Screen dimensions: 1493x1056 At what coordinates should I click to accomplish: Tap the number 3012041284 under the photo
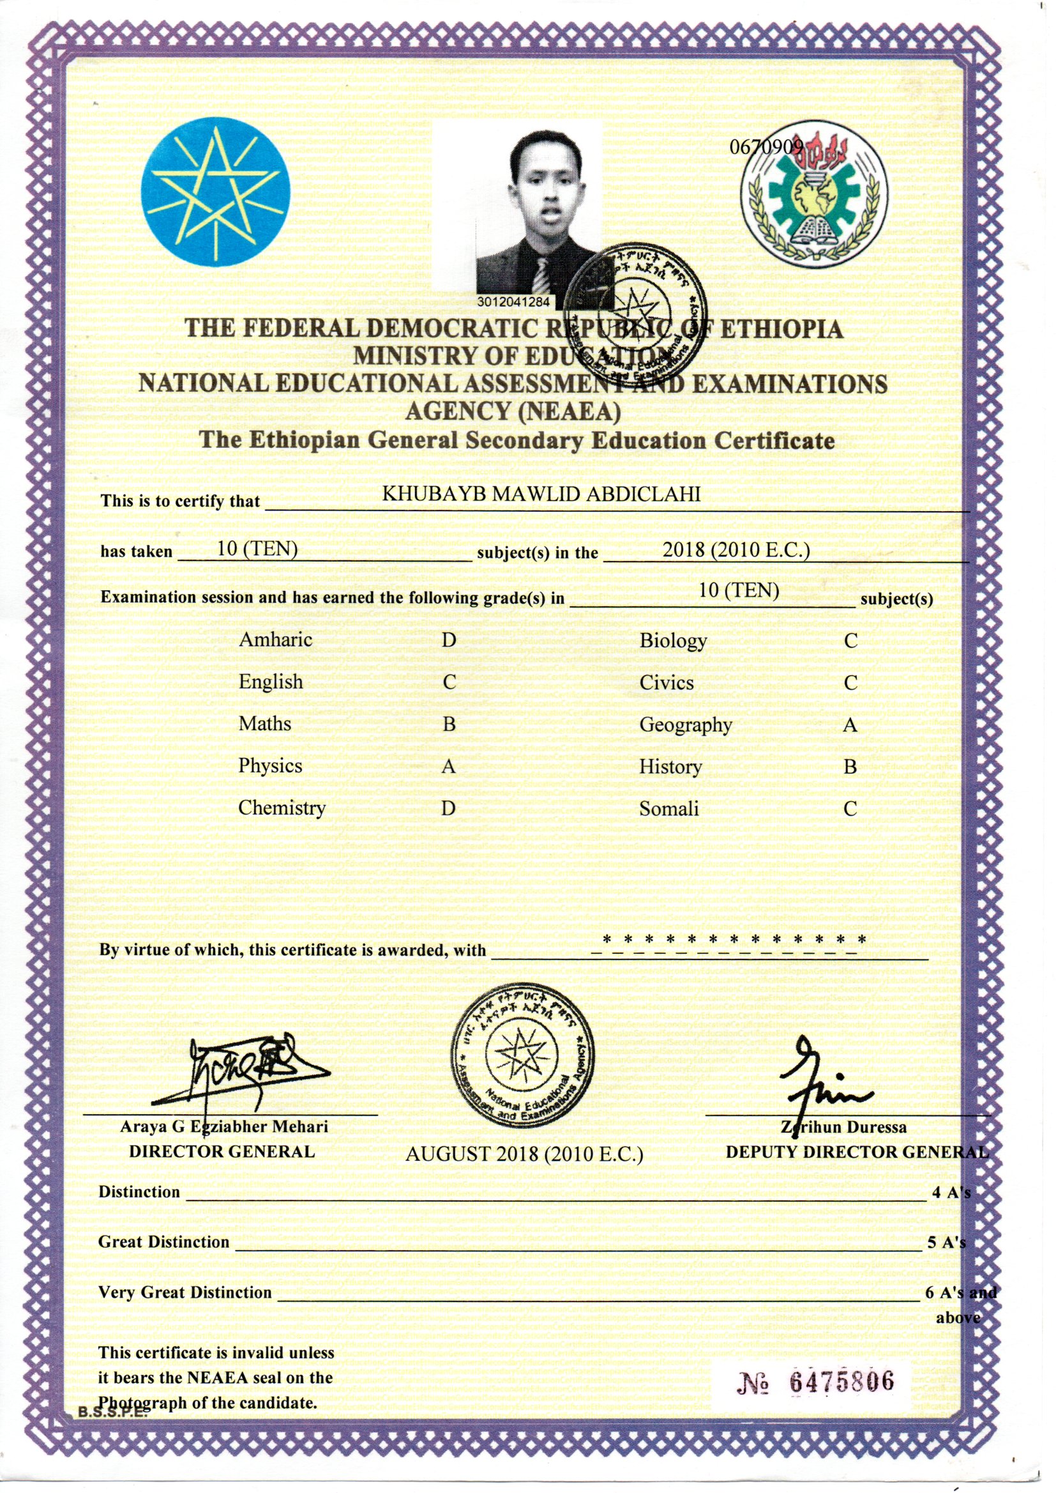[x=514, y=303]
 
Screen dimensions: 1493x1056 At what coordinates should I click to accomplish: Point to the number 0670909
[x=767, y=147]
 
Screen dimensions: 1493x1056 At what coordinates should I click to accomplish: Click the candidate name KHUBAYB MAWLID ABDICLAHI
[x=540, y=494]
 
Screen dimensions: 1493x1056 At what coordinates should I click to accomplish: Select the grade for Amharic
[x=449, y=640]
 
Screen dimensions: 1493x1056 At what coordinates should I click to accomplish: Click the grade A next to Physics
[x=448, y=767]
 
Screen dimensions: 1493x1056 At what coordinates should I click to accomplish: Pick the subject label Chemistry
[x=282, y=808]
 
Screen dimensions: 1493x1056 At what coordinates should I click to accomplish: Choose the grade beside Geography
[x=850, y=724]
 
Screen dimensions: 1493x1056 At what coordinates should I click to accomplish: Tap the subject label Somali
[x=668, y=809]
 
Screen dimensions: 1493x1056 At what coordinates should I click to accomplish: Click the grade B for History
[x=850, y=767]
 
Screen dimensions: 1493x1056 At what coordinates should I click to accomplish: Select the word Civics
[x=667, y=682]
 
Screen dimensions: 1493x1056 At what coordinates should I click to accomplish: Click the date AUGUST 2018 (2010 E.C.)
[x=524, y=1154]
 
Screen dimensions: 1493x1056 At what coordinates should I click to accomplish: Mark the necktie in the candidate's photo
[x=541, y=276]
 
